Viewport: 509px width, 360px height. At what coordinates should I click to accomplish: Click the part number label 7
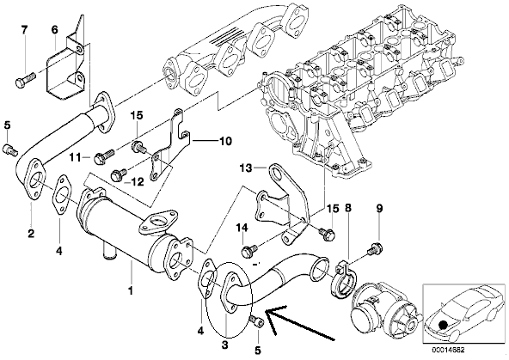click(24, 30)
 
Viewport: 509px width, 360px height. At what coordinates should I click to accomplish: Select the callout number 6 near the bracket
click(54, 30)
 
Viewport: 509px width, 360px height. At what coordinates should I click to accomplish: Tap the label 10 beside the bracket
click(225, 142)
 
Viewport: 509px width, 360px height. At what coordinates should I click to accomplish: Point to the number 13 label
click(246, 168)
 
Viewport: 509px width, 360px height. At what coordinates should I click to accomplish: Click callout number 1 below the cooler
click(131, 291)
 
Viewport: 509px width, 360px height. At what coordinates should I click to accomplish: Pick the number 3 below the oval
click(225, 345)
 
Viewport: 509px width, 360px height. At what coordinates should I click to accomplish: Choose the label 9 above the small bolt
click(379, 208)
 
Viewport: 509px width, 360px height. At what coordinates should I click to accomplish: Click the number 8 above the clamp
click(348, 208)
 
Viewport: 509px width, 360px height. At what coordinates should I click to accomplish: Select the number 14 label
click(242, 228)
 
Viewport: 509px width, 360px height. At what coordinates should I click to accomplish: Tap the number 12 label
click(138, 181)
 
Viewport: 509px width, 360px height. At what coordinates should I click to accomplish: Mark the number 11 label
click(75, 157)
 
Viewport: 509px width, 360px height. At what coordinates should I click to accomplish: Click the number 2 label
click(31, 233)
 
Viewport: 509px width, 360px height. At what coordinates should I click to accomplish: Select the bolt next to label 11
click(104, 156)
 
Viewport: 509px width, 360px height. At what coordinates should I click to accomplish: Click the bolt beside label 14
click(249, 250)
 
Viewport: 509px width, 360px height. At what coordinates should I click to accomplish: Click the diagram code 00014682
click(448, 351)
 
